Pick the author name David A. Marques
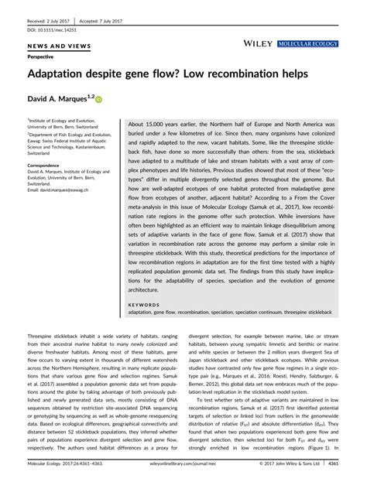(59, 98)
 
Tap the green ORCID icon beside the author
(99, 99)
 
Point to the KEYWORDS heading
(143, 305)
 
